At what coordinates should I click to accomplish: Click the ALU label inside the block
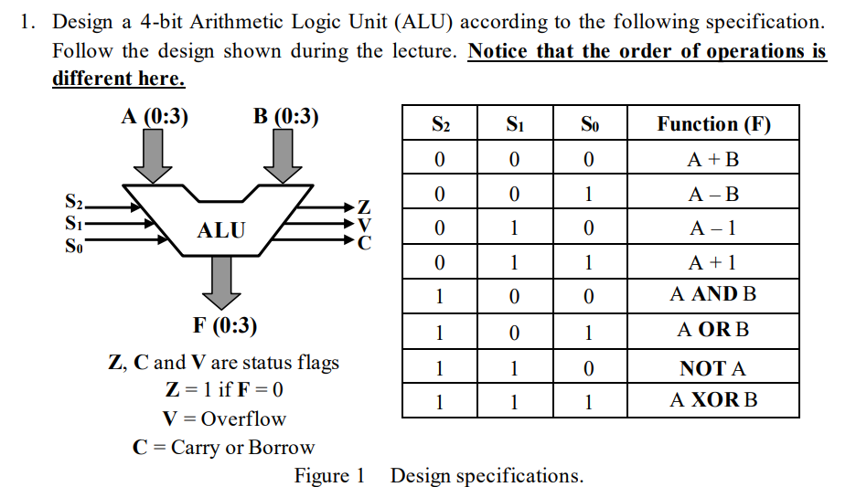point(221,230)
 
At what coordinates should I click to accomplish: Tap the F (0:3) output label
point(225,325)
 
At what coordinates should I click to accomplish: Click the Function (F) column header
point(713,124)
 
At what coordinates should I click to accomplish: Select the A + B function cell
point(713,160)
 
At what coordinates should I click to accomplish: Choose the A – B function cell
point(713,194)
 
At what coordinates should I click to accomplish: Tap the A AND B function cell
point(713,294)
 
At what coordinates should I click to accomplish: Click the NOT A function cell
point(713,369)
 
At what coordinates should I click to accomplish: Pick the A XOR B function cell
point(713,400)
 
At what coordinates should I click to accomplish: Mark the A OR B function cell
point(713,330)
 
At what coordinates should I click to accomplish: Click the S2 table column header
point(441,124)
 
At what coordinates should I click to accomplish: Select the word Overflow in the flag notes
point(243,419)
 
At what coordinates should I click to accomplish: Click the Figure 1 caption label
point(329,476)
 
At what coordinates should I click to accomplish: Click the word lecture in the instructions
point(418,50)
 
